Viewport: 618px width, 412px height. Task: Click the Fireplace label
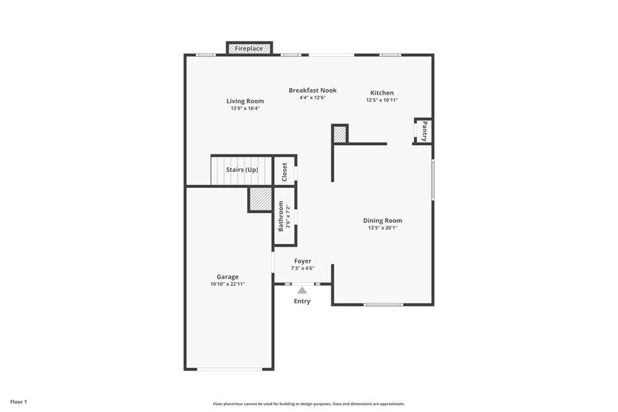point(249,48)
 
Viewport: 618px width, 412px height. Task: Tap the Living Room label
point(245,101)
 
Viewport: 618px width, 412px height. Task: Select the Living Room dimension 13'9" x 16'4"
point(245,109)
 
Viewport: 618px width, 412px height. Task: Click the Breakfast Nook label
point(313,90)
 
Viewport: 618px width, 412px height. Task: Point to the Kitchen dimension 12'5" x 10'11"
point(382,100)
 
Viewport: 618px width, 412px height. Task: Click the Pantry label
point(424,131)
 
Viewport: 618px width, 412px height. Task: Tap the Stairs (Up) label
point(241,170)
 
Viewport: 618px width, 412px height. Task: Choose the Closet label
point(284,172)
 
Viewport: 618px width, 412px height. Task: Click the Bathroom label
point(281,216)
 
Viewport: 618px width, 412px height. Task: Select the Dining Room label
point(383,220)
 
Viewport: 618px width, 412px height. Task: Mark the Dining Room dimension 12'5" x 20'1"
point(383,228)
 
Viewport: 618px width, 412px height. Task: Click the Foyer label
point(303,261)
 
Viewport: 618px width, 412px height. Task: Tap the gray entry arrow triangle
point(302,289)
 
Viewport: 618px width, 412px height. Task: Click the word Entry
point(302,301)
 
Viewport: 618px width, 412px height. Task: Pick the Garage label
point(227,277)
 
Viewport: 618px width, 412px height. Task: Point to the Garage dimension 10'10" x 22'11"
point(227,284)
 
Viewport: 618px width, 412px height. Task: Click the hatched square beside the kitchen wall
point(340,134)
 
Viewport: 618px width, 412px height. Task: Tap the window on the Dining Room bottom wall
point(383,304)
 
